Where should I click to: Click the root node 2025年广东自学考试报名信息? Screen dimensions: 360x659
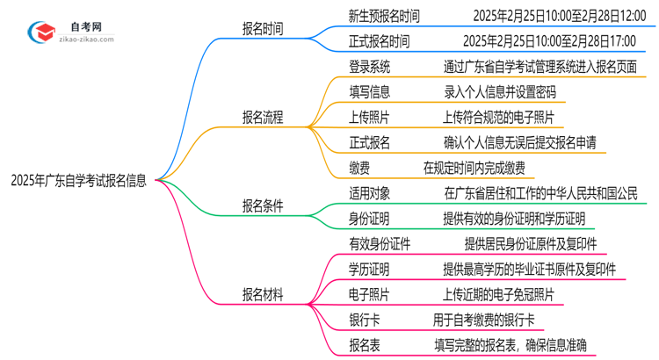tap(79, 181)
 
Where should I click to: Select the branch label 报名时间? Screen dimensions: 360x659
tap(263, 28)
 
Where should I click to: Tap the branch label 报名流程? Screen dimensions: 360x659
tap(263, 117)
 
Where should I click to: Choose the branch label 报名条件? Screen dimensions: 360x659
tap(263, 206)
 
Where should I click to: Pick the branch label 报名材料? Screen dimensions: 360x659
tap(263, 295)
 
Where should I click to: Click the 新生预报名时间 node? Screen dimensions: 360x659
tap(384, 16)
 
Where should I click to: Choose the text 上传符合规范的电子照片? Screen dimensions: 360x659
tap(498, 118)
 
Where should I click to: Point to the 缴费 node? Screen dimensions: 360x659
tap(361, 168)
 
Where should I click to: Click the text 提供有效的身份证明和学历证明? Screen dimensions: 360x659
tap(514, 219)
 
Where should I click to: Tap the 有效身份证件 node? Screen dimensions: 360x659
tap(380, 244)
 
